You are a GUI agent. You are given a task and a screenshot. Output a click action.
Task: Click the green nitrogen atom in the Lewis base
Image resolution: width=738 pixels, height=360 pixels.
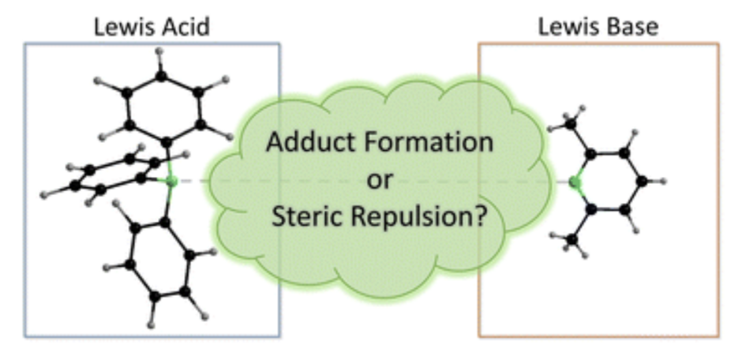pos(575,182)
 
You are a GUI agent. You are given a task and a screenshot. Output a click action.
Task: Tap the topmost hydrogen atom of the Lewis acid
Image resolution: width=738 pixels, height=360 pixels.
pos(160,52)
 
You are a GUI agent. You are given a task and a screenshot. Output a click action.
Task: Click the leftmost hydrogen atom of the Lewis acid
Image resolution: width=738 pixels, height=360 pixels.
pos(45,192)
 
